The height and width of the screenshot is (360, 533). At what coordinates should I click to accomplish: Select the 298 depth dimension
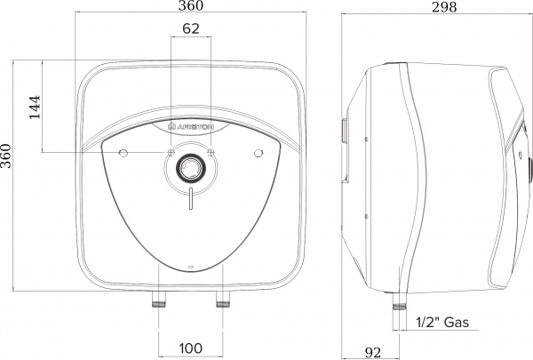pyautogui.click(x=433, y=8)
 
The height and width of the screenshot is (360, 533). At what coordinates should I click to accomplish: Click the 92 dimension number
pyautogui.click(x=374, y=352)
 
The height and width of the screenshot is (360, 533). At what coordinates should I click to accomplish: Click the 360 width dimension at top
pyautogui.click(x=189, y=7)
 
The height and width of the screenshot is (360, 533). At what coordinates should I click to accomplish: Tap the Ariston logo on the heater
pyautogui.click(x=189, y=129)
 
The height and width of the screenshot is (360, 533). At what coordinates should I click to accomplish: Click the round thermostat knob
pyautogui.click(x=189, y=167)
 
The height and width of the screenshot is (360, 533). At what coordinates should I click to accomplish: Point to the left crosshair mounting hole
pyautogui.click(x=168, y=154)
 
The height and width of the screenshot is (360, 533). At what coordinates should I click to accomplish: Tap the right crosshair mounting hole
pyautogui.click(x=211, y=154)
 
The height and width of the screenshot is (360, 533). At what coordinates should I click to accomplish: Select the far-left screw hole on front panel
pyautogui.click(x=123, y=155)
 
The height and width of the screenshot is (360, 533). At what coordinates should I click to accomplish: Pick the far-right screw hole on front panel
pyautogui.click(x=257, y=155)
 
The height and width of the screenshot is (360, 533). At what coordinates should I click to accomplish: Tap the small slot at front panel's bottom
pyautogui.click(x=189, y=267)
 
